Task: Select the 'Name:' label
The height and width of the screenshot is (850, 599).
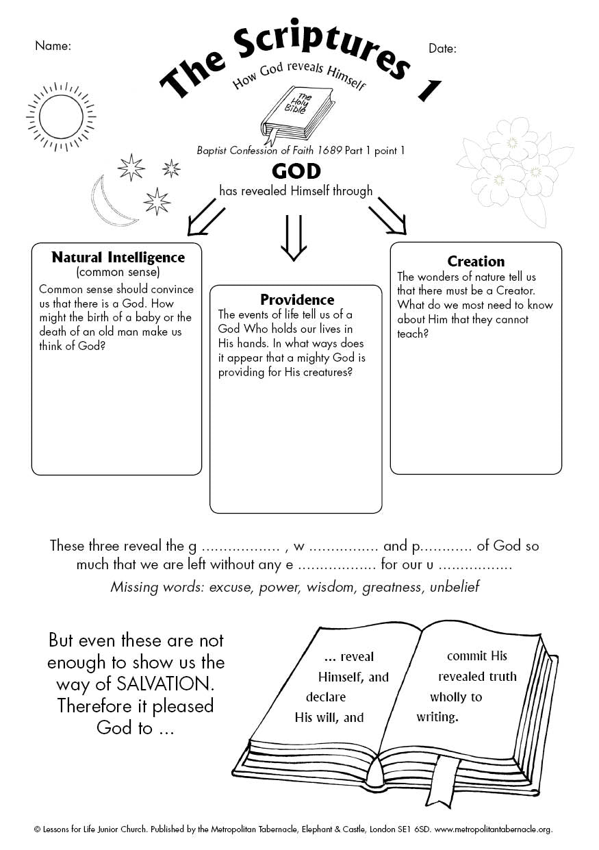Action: [x=53, y=46]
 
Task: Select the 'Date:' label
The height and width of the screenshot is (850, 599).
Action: [x=442, y=48]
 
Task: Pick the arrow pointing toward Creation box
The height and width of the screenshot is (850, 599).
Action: [x=387, y=215]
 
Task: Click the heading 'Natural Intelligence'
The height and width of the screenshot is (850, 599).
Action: [x=118, y=258]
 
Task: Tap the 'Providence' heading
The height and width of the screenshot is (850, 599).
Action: [x=297, y=299]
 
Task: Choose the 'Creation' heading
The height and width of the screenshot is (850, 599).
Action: [x=476, y=261]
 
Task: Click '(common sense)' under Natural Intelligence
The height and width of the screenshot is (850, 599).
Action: [x=118, y=273]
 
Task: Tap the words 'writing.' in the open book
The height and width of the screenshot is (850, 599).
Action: [x=437, y=718]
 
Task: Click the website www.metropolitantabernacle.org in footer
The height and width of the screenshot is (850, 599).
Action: [x=493, y=829]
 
